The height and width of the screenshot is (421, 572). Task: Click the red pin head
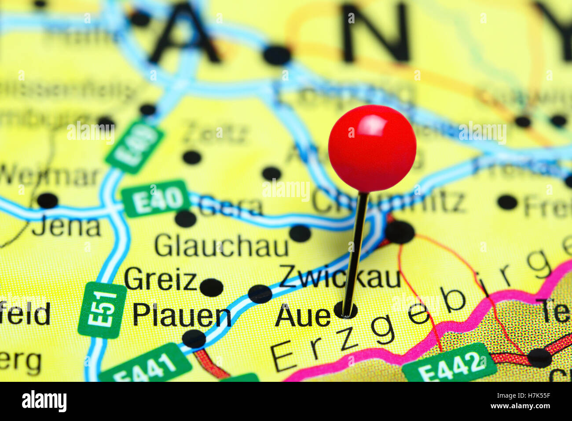coord(372,148)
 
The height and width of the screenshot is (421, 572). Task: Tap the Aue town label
coord(303,316)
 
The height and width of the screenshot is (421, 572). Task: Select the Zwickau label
coord(339,277)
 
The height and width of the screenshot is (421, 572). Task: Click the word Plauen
coord(182,315)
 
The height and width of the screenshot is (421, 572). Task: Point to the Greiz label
coord(160,280)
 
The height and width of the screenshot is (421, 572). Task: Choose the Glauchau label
coord(221,245)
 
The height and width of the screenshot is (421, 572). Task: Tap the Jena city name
coord(66,227)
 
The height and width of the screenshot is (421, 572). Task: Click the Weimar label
coord(49,176)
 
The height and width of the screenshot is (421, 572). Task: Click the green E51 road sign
coord(102,310)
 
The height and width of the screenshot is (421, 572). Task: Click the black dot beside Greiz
coord(211,287)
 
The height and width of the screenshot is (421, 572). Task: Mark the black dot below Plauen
coord(194,339)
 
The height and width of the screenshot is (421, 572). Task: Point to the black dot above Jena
coord(48,201)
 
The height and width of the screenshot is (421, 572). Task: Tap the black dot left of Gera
coord(185,219)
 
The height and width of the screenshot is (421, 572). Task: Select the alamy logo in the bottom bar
coord(44,401)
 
